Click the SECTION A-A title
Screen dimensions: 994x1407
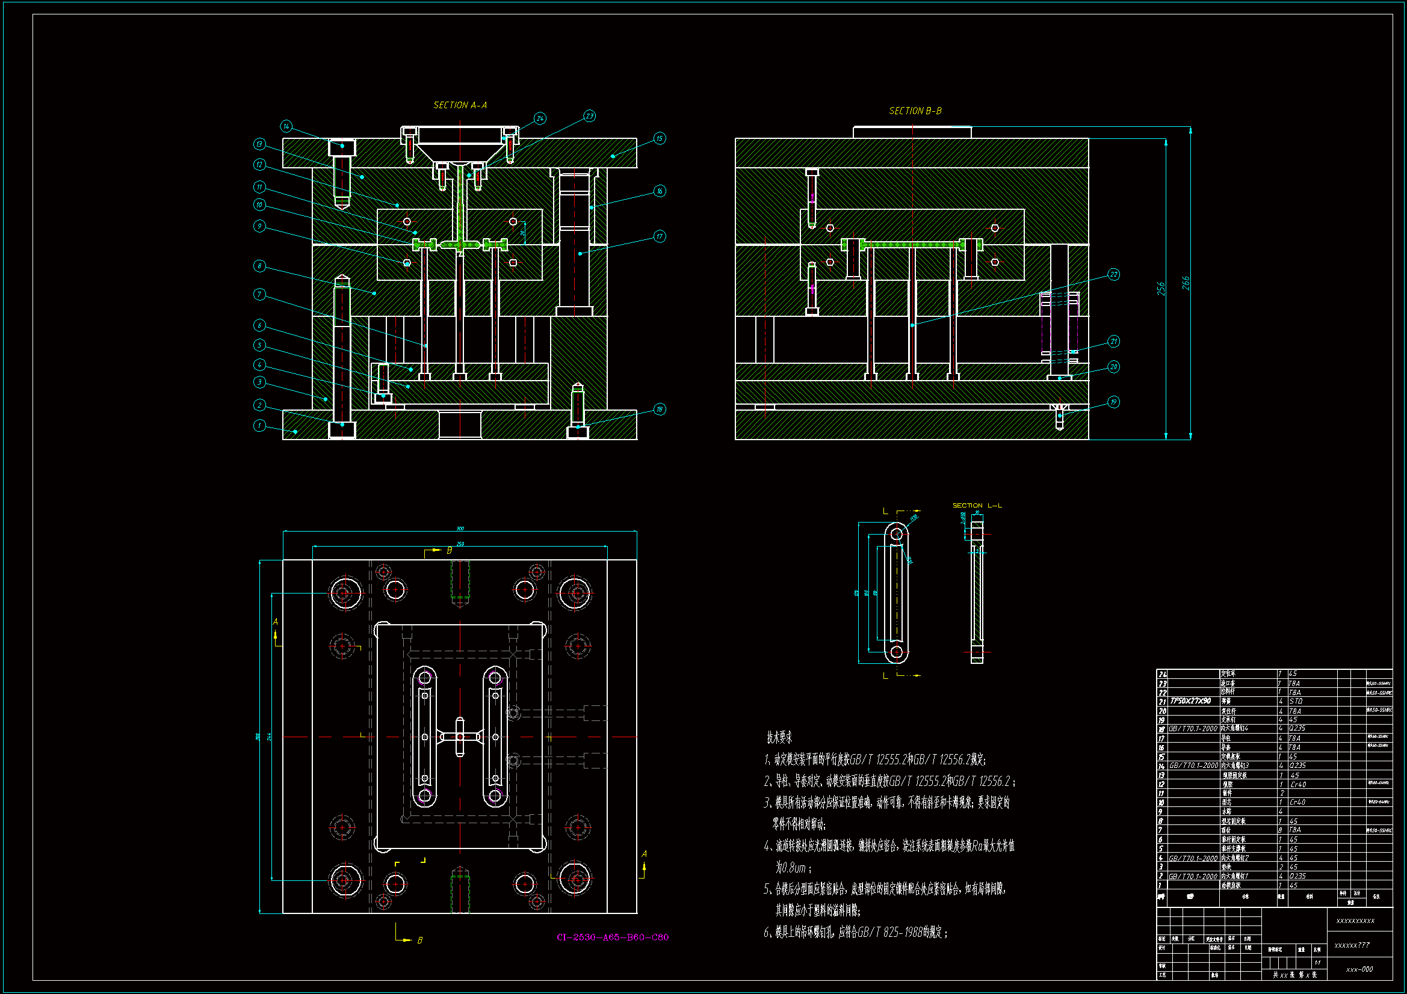click(460, 105)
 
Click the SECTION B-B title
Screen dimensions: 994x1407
click(915, 111)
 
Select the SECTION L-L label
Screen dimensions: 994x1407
click(977, 505)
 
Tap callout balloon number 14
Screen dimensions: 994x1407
click(286, 126)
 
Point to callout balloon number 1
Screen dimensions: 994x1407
click(259, 425)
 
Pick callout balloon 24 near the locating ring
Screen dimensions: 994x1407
click(540, 118)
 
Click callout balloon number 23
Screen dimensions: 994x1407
click(589, 115)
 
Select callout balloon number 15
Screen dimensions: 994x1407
click(660, 138)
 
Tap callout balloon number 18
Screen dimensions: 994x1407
click(660, 409)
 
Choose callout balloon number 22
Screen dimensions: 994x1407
click(1113, 274)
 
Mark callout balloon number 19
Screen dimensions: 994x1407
click(1113, 402)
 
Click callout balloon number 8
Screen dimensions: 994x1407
click(259, 266)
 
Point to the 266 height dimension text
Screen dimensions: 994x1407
click(1186, 283)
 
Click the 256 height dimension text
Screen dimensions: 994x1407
click(1161, 289)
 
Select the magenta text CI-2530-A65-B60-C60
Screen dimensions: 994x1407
click(612, 937)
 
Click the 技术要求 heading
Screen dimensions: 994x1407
click(779, 737)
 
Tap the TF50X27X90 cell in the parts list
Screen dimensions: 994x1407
click(1190, 701)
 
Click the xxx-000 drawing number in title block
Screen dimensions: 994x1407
click(1359, 969)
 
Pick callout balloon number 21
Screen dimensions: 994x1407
click(1113, 341)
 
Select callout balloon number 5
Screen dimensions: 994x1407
click(259, 345)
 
